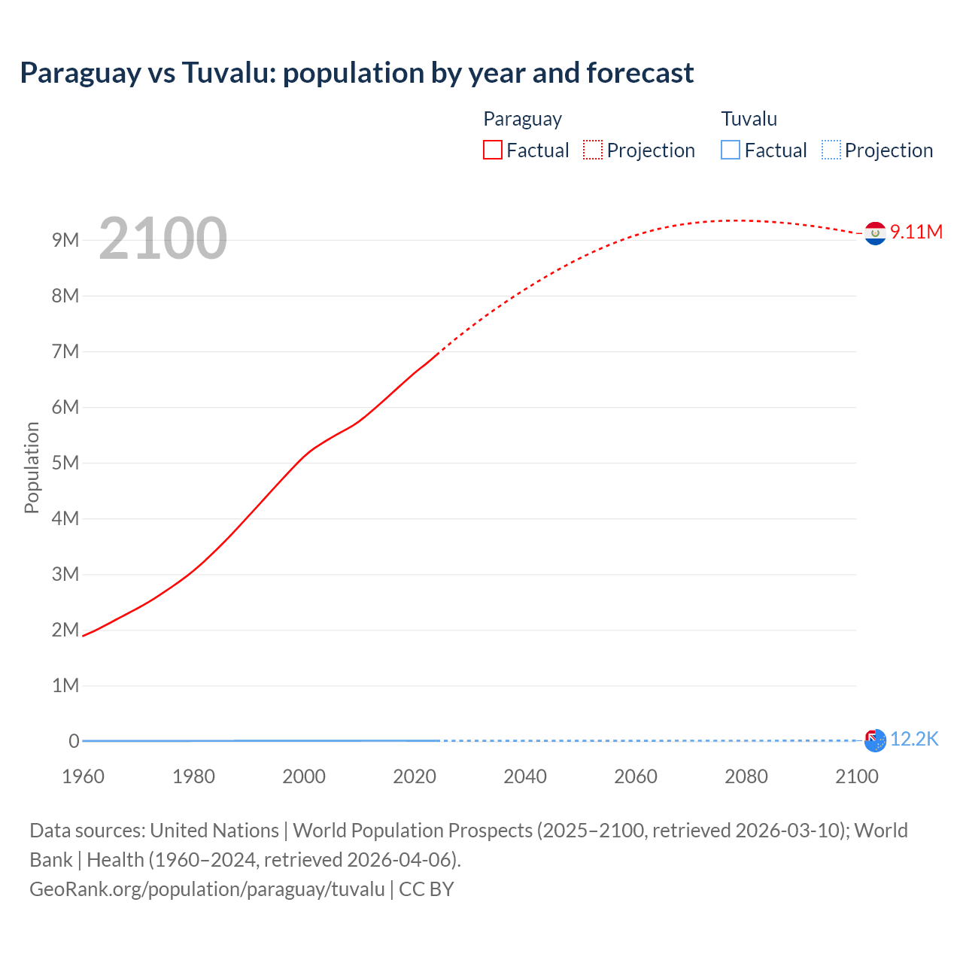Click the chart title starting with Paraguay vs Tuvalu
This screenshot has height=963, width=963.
pos(357,73)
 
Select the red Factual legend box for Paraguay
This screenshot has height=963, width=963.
pos(492,150)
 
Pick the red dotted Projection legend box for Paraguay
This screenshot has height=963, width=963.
pos(593,150)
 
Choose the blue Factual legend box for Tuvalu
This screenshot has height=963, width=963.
pos(731,150)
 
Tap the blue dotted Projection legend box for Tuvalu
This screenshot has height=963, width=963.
pos(831,150)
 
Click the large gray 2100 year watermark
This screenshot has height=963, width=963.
pos(163,238)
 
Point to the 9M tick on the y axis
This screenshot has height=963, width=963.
pos(65,240)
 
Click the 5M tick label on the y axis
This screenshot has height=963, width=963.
pos(65,463)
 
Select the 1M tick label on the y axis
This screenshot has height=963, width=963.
pos(65,685)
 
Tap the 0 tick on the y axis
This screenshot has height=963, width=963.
pos(74,741)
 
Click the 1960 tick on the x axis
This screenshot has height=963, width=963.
pos(83,776)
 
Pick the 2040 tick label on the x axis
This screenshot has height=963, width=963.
pos(525,776)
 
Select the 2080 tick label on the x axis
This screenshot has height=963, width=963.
pos(746,776)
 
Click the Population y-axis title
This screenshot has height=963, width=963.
pos(32,467)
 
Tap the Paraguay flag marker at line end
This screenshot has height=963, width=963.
pos(875,234)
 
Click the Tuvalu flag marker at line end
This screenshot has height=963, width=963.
pos(875,741)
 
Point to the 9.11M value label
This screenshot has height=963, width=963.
pos(916,232)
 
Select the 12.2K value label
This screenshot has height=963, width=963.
pos(914,740)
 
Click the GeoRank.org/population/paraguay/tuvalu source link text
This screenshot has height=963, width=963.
pos(207,889)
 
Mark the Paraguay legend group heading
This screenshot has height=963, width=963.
pos(522,119)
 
